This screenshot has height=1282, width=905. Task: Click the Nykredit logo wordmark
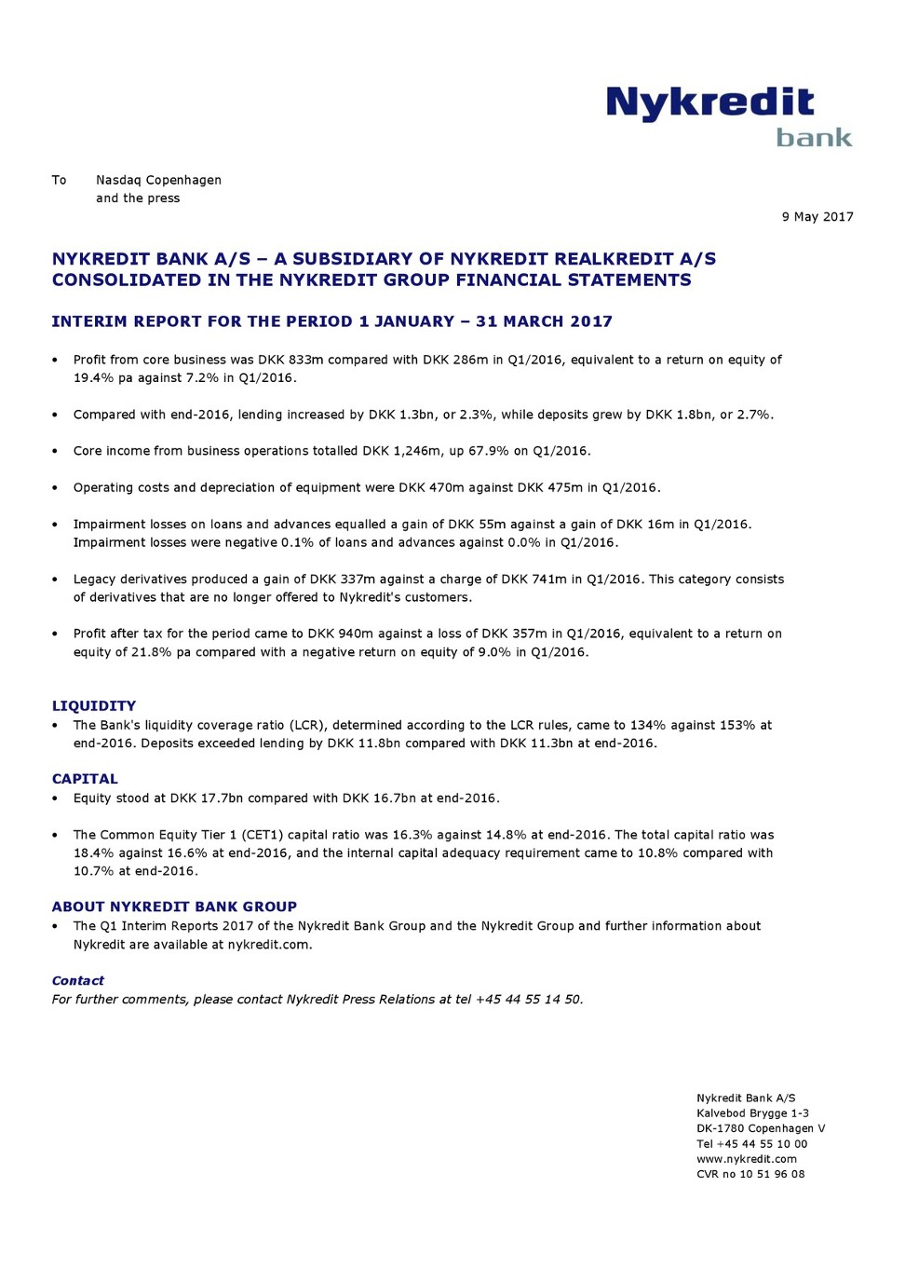709,103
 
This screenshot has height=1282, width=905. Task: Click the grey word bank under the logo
814,138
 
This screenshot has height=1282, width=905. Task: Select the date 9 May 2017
817,217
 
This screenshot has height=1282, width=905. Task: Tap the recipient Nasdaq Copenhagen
158,180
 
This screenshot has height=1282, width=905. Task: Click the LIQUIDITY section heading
94,706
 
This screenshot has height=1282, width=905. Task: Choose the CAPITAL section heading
85,779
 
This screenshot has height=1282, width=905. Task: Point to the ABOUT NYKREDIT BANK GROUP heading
174,907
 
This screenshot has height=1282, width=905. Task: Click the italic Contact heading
77,981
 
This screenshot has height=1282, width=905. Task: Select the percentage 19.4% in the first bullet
92,378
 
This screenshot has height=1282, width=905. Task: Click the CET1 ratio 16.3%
412,835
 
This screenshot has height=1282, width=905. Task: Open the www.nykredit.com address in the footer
746,1159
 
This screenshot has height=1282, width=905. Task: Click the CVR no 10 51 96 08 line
750,1174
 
